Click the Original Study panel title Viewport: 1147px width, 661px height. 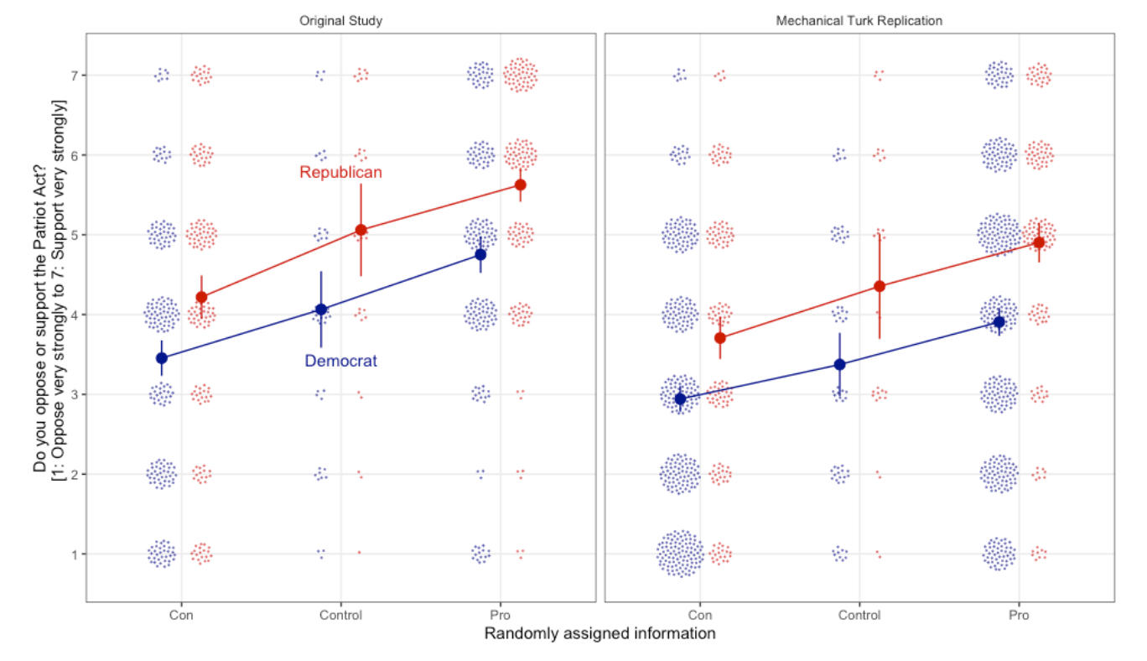pos(340,21)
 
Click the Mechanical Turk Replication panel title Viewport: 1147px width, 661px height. pos(859,21)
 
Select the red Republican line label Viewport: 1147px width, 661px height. pos(340,173)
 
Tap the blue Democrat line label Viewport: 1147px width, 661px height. pos(340,362)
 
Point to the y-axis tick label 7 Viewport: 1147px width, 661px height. pos(73,75)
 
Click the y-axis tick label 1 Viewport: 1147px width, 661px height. pos(73,554)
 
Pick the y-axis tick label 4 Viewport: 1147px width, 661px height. pos(73,315)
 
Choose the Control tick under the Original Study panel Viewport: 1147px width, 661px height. pos(340,615)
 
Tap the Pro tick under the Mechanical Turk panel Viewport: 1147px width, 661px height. pos(1019,615)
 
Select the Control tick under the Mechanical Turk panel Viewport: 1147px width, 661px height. pos(859,615)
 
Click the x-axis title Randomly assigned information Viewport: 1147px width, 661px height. pos(599,634)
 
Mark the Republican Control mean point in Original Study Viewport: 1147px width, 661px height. pos(361,230)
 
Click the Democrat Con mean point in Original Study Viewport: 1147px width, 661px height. pos(162,358)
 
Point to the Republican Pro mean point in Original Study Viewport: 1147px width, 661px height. pos(520,185)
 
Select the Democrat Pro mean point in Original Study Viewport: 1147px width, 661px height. pos(480,254)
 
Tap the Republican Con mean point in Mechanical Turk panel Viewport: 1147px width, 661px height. pos(719,338)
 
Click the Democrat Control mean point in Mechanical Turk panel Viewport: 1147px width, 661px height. pos(840,364)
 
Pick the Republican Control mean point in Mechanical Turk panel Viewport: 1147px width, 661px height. pos(880,286)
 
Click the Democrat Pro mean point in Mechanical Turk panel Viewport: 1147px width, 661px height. pos(999,322)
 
